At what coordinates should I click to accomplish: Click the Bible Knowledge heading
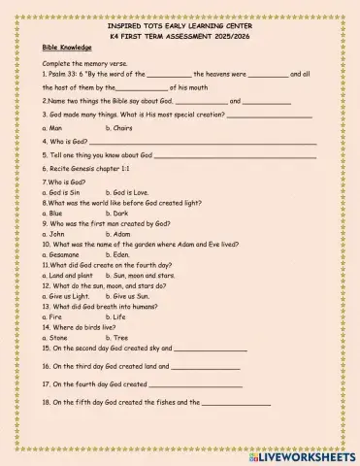coord(67,47)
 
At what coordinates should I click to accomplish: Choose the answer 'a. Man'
coord(53,127)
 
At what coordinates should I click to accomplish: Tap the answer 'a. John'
coord(54,233)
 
